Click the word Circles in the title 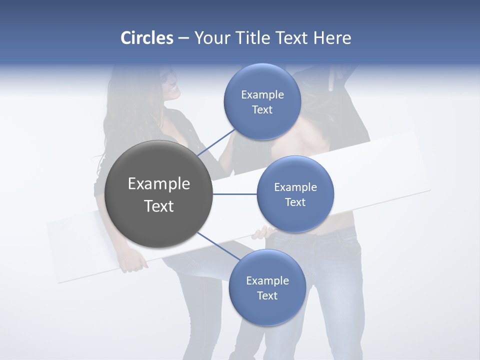147,38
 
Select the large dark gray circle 159,194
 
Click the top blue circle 262,102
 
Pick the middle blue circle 295,194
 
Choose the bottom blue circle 267,288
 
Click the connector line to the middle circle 234,194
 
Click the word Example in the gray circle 159,184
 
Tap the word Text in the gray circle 159,206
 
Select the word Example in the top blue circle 262,95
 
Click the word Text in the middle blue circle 295,202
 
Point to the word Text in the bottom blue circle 267,295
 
